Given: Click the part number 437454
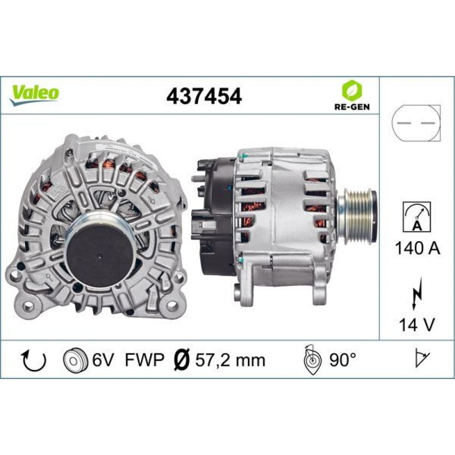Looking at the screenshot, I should [204, 96].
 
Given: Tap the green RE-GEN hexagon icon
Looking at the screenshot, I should [351, 91].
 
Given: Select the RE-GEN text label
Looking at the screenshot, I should [351, 107].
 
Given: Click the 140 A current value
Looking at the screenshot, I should [417, 249].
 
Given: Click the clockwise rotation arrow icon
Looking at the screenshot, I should [34, 360].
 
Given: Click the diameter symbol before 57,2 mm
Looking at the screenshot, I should [182, 360].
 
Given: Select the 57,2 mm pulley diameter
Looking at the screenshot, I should [230, 360].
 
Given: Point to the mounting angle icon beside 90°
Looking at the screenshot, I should [313, 360].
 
